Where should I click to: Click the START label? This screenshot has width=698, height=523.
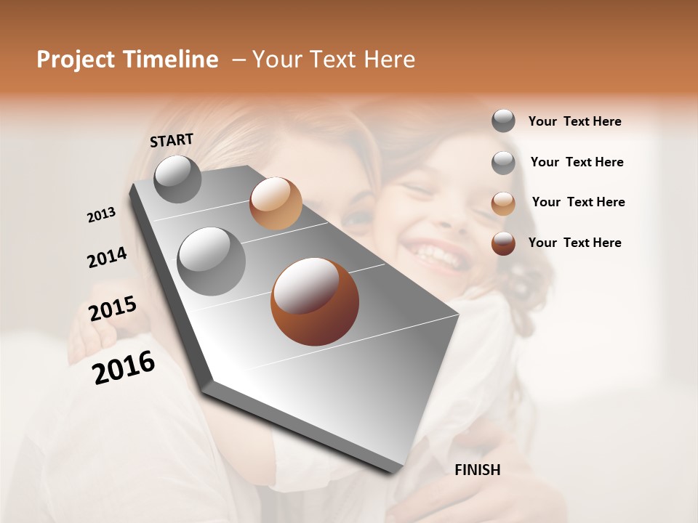click(x=172, y=140)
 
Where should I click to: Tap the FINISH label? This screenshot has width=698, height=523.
click(x=477, y=470)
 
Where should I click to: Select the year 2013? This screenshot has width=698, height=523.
click(x=101, y=215)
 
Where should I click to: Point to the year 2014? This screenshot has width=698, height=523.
click(x=107, y=257)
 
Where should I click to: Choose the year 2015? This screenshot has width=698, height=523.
click(x=113, y=309)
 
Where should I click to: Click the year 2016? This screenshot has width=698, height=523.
click(x=124, y=368)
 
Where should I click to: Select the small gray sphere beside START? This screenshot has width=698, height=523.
click(x=177, y=179)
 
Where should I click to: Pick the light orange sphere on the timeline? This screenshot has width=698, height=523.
click(x=276, y=203)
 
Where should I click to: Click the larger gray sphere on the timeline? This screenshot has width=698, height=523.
click(x=211, y=261)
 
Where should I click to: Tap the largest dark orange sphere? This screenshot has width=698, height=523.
click(x=314, y=301)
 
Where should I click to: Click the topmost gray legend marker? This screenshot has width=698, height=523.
click(x=503, y=121)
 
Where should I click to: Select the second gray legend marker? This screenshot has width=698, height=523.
click(x=503, y=163)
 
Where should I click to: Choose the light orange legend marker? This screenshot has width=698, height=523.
click(x=503, y=203)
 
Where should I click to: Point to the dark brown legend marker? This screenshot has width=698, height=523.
click(x=503, y=243)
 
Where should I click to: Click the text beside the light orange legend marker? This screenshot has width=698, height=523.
click(x=578, y=202)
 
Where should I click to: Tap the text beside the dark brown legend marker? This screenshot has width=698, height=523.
click(x=574, y=243)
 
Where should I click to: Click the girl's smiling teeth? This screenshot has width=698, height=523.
click(x=435, y=254)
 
